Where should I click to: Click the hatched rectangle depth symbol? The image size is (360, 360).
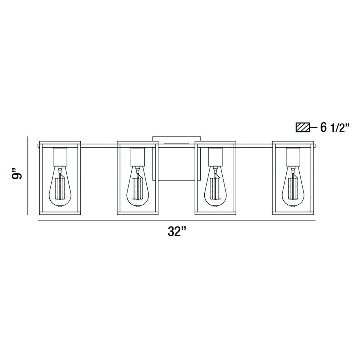(x=303, y=128)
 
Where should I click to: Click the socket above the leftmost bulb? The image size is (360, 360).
(x=60, y=156)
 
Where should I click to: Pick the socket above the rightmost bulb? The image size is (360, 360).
(x=293, y=156)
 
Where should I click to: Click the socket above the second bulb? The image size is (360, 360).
(x=137, y=156)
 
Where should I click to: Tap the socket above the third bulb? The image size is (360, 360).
(x=215, y=156)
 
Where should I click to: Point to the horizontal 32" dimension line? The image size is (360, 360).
(x=177, y=221)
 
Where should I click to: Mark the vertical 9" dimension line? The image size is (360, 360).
(x=27, y=175)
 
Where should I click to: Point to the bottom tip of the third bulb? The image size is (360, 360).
(x=215, y=207)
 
